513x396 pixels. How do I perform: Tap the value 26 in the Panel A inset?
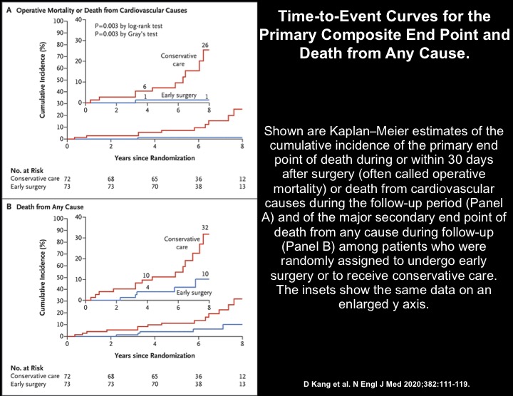205,45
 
